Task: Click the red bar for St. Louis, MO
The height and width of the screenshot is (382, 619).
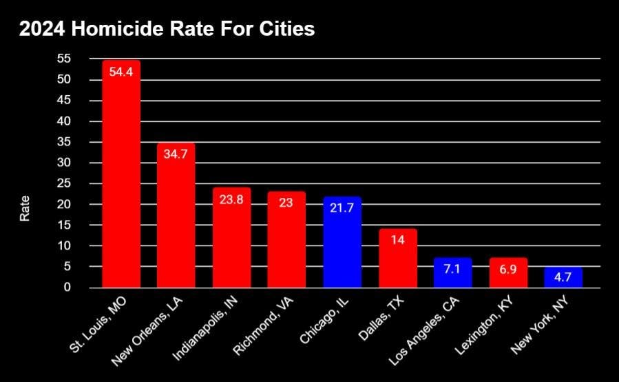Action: (x=121, y=179)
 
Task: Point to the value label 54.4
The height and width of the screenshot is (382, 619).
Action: (x=121, y=72)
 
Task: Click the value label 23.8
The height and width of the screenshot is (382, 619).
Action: (x=231, y=199)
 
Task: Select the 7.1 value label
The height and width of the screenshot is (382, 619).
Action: (x=452, y=269)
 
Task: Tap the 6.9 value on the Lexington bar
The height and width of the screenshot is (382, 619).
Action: (x=508, y=270)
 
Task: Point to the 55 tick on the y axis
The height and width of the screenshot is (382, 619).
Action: (x=63, y=59)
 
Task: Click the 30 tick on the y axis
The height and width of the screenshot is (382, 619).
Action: (x=63, y=163)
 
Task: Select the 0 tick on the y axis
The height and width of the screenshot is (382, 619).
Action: (x=67, y=288)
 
